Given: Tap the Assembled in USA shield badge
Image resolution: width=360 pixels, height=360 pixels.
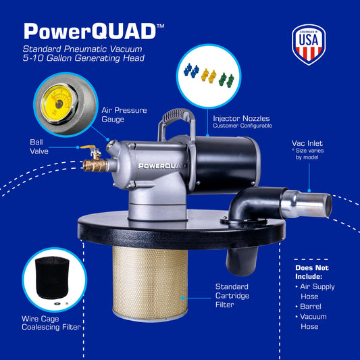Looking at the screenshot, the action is [x=309, y=45].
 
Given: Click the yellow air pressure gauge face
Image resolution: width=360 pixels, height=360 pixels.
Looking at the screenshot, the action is [x=57, y=103].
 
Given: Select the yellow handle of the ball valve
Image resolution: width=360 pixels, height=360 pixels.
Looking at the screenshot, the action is [x=88, y=147].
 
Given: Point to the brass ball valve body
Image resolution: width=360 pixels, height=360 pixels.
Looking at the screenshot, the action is [x=95, y=165].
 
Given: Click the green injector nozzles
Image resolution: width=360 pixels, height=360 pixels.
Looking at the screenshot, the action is [x=226, y=80].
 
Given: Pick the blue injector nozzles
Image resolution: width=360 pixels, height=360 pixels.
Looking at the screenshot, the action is [x=191, y=70].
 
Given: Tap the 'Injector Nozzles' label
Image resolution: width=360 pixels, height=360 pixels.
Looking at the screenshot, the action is [x=241, y=118].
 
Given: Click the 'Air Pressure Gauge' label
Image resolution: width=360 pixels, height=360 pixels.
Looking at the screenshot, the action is [x=124, y=115].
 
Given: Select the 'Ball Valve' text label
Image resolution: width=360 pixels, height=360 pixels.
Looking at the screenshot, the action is [x=39, y=147].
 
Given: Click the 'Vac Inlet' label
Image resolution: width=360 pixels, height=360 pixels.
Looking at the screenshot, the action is [x=307, y=143].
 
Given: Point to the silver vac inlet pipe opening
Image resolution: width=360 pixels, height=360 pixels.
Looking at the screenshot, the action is [x=328, y=205].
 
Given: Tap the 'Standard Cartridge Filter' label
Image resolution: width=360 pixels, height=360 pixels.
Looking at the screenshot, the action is [x=232, y=296].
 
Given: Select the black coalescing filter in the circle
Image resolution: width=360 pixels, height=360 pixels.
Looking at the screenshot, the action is [x=52, y=278].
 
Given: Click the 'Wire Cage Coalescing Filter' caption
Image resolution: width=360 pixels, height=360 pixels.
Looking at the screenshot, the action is [x=51, y=323].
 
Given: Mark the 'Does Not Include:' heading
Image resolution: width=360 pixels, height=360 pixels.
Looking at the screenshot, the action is [x=312, y=272].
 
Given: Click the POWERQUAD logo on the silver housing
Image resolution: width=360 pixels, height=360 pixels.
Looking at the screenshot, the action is [x=161, y=165].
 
